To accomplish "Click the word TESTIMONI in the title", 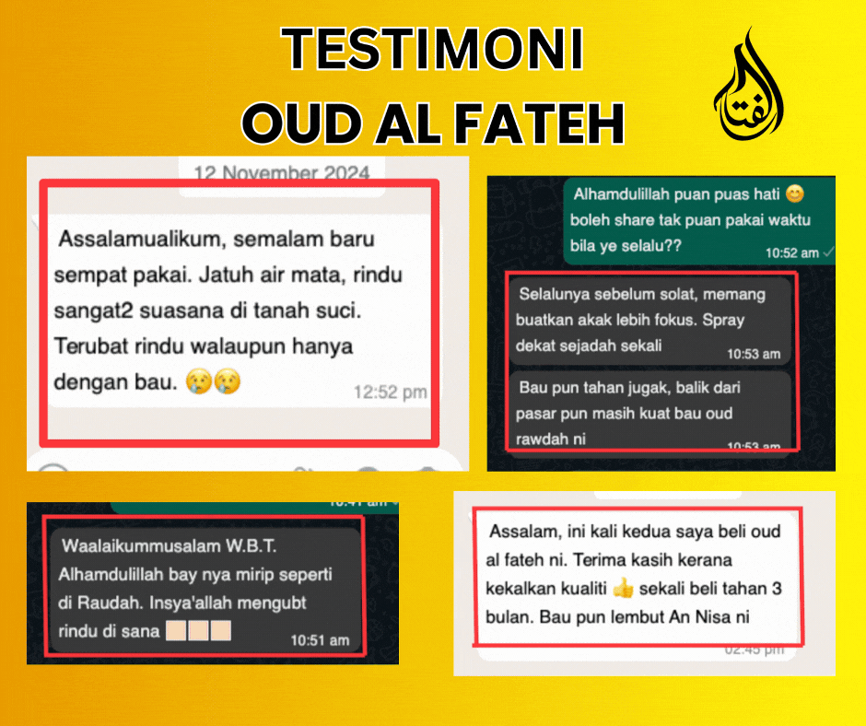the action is coord(432,49).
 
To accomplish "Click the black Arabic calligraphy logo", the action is coord(749,87).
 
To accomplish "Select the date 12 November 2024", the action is coord(282,173).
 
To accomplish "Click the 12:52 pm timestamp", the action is coord(390,392).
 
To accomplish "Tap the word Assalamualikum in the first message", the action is coord(140,240).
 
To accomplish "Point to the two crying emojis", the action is coord(213,381).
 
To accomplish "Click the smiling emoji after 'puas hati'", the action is coord(795,193).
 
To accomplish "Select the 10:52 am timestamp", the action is coord(792,253).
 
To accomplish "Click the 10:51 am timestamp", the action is coord(320,640).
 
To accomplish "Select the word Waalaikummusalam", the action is coord(141,546).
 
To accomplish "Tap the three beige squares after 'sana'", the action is coord(198,630).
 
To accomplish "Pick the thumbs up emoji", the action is coord(623,589).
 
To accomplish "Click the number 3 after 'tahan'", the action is coord(777,589).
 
